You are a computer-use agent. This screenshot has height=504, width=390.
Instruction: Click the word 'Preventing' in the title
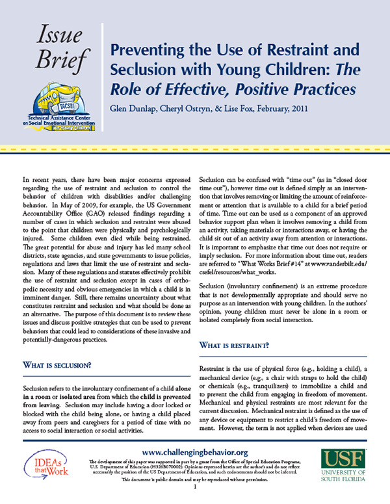(150, 49)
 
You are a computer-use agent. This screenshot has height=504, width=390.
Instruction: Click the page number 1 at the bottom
(194, 496)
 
